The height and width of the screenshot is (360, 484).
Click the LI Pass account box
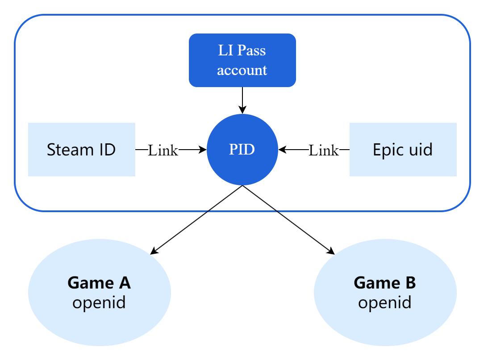pos(242,60)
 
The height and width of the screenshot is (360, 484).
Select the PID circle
pos(242,150)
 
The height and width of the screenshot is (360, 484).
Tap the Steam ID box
pos(81,150)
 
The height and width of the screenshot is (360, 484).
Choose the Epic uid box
pos(403,150)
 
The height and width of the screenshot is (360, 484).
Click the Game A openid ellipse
pos(99,293)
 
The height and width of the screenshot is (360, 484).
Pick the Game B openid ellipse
pos(385,293)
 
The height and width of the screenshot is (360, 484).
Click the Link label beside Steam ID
pos(163,151)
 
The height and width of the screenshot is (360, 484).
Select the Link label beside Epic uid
pos(324,151)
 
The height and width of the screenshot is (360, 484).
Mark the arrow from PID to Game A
pos(196,220)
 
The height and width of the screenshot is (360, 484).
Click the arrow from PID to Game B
pos(288,220)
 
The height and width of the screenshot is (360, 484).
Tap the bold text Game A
pos(99,283)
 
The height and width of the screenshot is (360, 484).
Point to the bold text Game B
pos(385,283)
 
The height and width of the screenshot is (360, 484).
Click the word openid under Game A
pos(99,303)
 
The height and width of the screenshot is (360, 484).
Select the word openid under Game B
pos(385,303)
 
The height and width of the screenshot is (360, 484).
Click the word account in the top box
pos(242,70)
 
